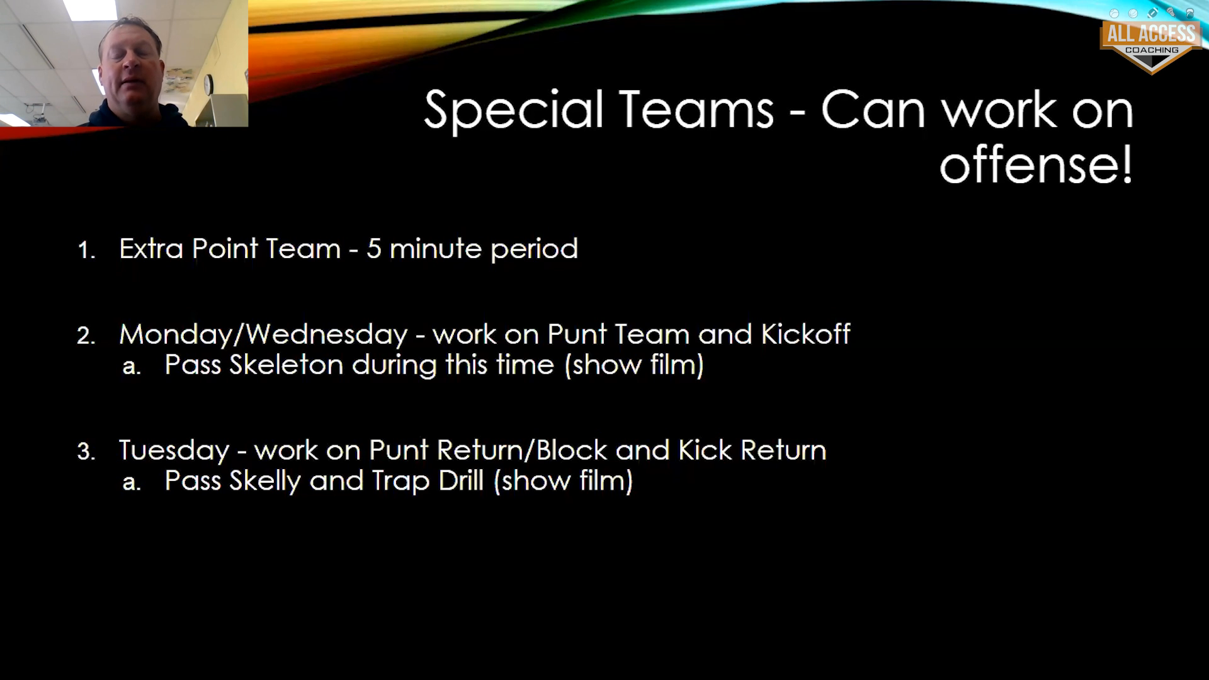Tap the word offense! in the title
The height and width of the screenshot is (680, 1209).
click(1036, 164)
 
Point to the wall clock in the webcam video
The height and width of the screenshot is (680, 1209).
click(208, 84)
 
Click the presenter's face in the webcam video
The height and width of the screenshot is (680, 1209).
click(133, 66)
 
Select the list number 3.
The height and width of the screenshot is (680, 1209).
click(86, 452)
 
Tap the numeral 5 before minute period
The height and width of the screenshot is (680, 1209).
click(374, 249)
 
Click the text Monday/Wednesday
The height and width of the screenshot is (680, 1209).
click(263, 335)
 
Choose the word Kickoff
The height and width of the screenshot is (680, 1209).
click(805, 334)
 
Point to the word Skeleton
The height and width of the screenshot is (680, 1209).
click(286, 365)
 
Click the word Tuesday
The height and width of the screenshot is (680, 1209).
click(174, 451)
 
